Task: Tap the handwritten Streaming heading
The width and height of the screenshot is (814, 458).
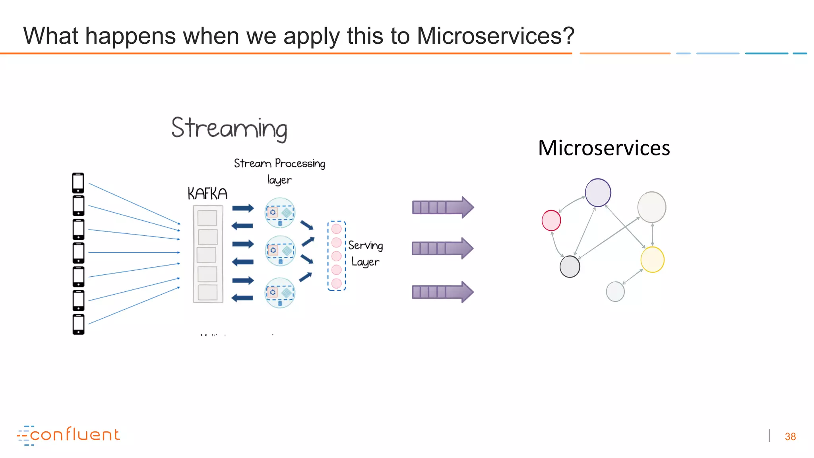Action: [229, 129]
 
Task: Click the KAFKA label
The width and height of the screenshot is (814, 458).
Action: [207, 194]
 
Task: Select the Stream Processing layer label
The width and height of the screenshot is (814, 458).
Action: [279, 171]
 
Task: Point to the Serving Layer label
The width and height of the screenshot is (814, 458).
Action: [365, 254]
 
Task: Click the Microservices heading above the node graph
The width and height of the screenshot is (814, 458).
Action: [604, 148]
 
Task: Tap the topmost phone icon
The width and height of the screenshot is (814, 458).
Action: [78, 183]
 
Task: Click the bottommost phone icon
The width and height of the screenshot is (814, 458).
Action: [79, 324]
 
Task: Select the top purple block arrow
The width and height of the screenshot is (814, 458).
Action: [443, 207]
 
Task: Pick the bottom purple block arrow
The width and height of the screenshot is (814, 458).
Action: [443, 292]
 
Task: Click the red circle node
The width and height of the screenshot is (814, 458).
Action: [551, 221]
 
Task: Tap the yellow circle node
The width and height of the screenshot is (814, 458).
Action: [652, 260]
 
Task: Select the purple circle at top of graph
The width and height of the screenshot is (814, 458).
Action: [598, 193]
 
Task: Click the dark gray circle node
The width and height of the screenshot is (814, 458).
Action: [570, 266]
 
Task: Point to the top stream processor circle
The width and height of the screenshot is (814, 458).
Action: [280, 213]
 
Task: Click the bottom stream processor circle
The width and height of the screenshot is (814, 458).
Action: [280, 293]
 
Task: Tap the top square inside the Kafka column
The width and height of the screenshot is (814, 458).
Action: [207, 218]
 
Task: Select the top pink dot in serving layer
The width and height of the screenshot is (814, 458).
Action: [336, 229]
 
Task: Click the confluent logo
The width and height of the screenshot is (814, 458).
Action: [68, 435]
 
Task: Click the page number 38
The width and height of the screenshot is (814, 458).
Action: [790, 437]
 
